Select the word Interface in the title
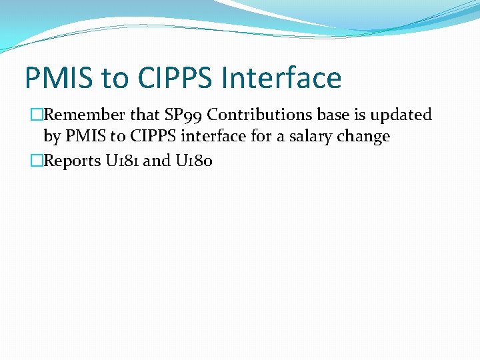coord(282,78)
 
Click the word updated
coord(402,115)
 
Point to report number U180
coord(193,161)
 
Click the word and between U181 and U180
coord(157,161)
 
